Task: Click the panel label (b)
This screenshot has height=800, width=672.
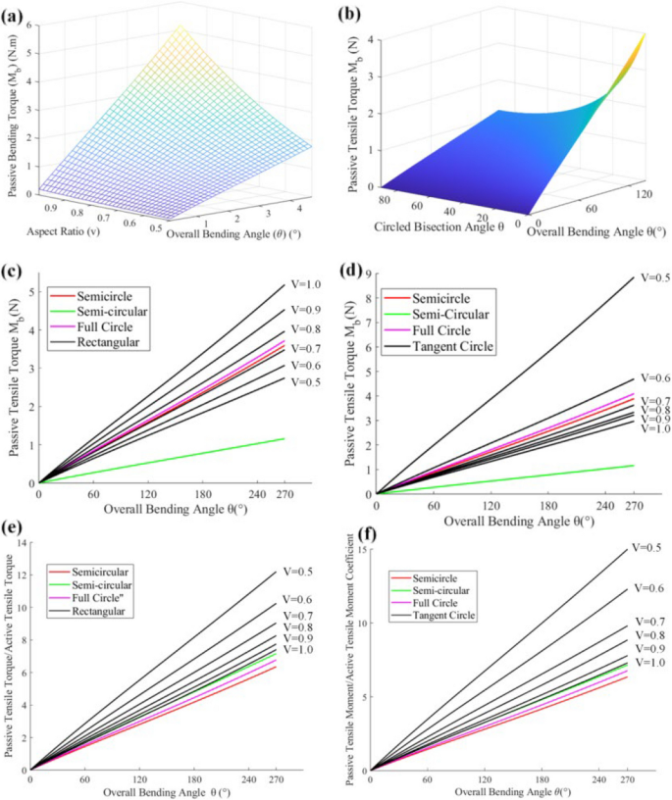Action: pyautogui.click(x=356, y=15)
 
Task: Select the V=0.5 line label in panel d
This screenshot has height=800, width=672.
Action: pyautogui.click(x=655, y=277)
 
